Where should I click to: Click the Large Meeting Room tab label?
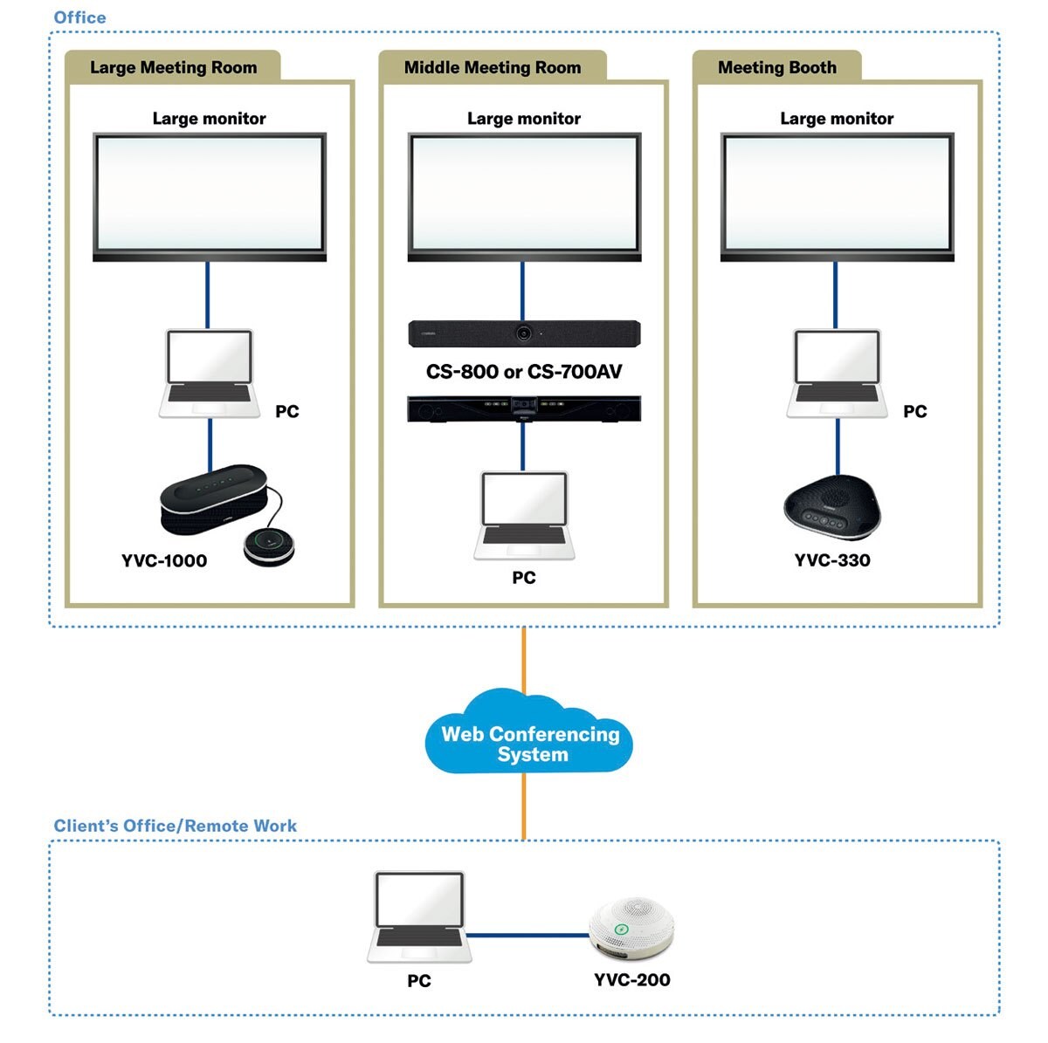(x=173, y=67)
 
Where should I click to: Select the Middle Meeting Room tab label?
(x=492, y=67)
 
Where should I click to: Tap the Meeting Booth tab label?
(x=776, y=67)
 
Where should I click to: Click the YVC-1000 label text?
(x=164, y=560)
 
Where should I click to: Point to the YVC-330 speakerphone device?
(x=831, y=507)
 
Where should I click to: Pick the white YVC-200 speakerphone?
(x=631, y=928)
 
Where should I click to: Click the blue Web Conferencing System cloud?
(x=529, y=742)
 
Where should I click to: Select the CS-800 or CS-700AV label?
(x=524, y=372)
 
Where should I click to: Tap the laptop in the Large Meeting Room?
(x=210, y=374)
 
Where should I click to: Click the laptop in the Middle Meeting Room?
(x=524, y=515)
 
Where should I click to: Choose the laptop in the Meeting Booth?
(x=837, y=374)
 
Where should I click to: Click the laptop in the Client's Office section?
(x=419, y=916)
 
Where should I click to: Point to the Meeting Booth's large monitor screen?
(x=837, y=194)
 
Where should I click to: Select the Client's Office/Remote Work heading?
(x=175, y=826)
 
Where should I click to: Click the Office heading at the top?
(x=79, y=17)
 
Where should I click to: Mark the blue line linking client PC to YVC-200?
(x=527, y=935)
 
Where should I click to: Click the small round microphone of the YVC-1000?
(x=269, y=546)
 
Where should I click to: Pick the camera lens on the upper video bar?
(x=524, y=333)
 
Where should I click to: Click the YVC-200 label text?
(x=631, y=979)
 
